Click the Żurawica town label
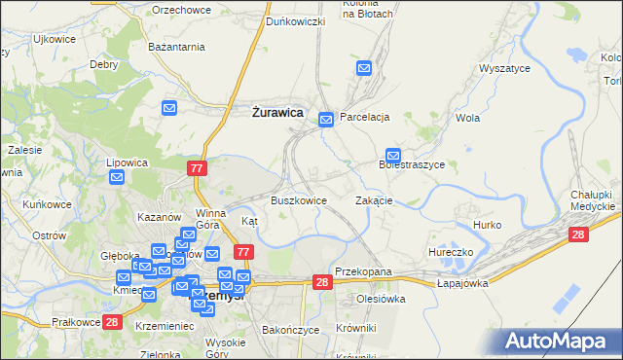click(277, 112)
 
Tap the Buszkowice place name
click(298, 200)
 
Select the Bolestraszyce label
click(411, 165)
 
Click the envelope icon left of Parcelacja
click(327, 118)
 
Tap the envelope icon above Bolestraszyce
click(393, 154)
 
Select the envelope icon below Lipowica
click(117, 177)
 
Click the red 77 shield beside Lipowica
click(197, 168)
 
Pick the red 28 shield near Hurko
click(578, 234)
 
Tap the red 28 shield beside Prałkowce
click(112, 322)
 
